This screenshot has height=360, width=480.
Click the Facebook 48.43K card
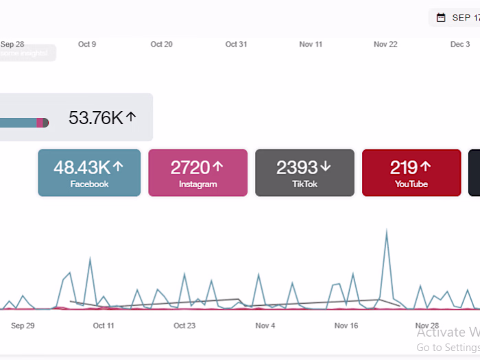pyautogui.click(x=89, y=173)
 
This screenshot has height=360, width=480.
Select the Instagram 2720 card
pyautogui.click(x=197, y=173)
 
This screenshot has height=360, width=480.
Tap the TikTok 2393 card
pyautogui.click(x=304, y=173)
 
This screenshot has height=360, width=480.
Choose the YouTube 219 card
pyautogui.click(x=411, y=173)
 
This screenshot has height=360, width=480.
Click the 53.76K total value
pyautogui.click(x=95, y=118)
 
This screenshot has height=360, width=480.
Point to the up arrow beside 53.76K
pyautogui.click(x=131, y=118)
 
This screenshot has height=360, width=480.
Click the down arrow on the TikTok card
pyautogui.click(x=326, y=167)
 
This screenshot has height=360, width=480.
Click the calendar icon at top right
pyautogui.click(x=441, y=17)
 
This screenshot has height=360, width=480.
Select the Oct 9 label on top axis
pyautogui.click(x=87, y=45)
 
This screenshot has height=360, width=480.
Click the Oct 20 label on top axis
pyautogui.click(x=161, y=45)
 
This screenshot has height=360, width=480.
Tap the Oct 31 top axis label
pyautogui.click(x=236, y=45)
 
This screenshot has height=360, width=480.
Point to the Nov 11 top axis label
pyautogui.click(x=311, y=45)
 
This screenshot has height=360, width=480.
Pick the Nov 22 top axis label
pyautogui.click(x=385, y=45)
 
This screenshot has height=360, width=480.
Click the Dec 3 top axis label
pyautogui.click(x=459, y=45)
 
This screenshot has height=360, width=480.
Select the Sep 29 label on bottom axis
pyautogui.click(x=23, y=326)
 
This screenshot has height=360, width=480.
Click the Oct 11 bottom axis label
pyautogui.click(x=104, y=326)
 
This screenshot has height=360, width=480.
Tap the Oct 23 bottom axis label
pyautogui.click(x=184, y=326)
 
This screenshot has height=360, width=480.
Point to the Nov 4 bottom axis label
pyautogui.click(x=265, y=326)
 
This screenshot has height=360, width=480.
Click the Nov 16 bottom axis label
pyautogui.click(x=346, y=326)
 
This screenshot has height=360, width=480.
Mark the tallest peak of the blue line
pyautogui.click(x=387, y=232)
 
